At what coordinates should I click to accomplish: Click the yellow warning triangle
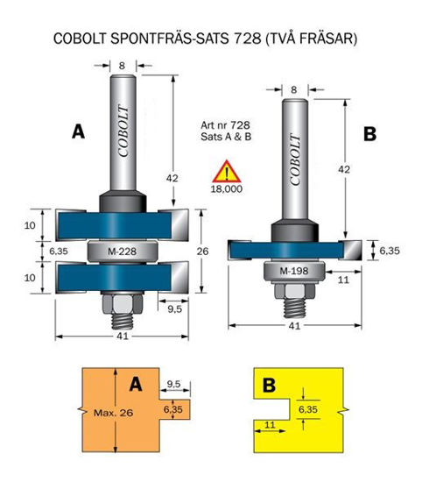(x=227, y=172)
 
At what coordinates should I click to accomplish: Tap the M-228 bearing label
(x=122, y=252)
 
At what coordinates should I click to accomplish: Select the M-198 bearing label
(x=294, y=271)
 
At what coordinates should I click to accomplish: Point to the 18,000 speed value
(x=227, y=188)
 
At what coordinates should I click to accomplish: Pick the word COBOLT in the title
(x=80, y=39)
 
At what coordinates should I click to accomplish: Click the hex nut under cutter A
(x=122, y=304)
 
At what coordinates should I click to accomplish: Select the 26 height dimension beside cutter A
(x=202, y=252)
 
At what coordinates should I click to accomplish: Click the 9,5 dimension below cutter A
(x=174, y=309)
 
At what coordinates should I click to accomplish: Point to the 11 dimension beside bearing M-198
(x=343, y=280)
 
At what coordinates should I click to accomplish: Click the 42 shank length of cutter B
(x=344, y=169)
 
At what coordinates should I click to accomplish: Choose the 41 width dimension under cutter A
(x=123, y=337)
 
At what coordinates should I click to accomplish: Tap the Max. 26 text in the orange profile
(x=113, y=412)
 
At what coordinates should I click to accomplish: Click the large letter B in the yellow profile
(x=269, y=385)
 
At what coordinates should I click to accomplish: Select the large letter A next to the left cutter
(x=78, y=132)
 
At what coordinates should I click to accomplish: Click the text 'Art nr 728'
(x=225, y=125)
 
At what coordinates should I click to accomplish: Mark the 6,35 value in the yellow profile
(x=308, y=409)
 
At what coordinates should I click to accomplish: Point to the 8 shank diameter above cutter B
(x=294, y=89)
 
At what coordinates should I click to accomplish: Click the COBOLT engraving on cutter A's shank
(x=123, y=131)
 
